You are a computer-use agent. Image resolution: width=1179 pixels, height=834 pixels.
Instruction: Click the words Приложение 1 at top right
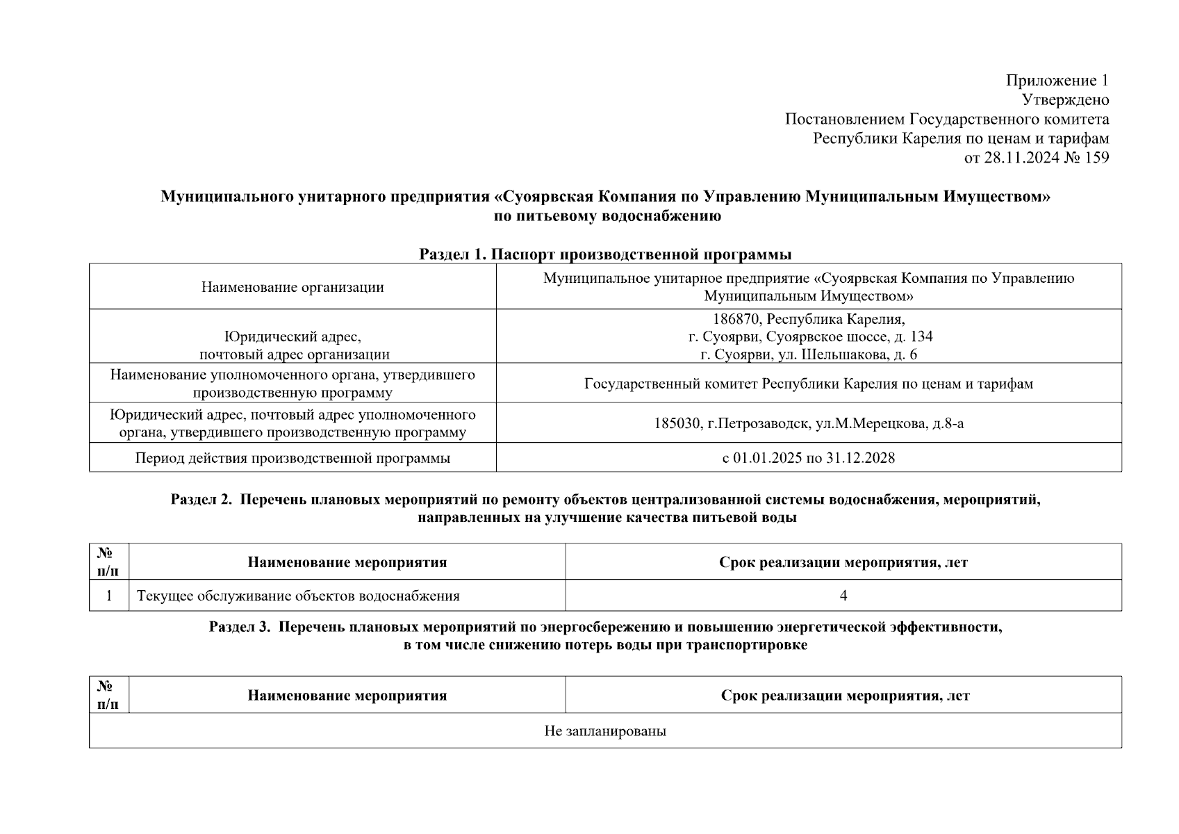[x=1057, y=81]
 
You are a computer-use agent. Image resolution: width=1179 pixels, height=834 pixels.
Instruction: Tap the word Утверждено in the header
[x=1065, y=100]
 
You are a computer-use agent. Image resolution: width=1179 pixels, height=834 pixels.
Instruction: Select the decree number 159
[x=1096, y=158]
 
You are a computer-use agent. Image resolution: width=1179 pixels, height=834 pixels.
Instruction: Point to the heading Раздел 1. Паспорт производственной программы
[x=605, y=254]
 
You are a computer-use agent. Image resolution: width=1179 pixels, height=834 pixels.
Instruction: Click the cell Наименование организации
[x=292, y=287]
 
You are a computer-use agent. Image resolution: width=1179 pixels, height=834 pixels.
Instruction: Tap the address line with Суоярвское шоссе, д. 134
[x=810, y=337]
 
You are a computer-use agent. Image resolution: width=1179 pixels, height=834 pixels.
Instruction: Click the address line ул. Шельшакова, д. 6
[x=809, y=354]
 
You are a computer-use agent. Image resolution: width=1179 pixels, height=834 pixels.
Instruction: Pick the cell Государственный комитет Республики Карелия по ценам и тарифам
[x=809, y=384]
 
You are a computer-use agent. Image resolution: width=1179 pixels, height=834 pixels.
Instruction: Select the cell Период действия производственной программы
[x=292, y=458]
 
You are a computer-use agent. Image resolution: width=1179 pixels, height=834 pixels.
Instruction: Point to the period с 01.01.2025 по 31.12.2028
[x=809, y=458]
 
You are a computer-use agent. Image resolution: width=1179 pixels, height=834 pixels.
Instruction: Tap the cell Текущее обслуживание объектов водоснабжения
[x=299, y=596]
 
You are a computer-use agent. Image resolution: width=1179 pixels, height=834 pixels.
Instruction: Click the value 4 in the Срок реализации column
[x=843, y=596]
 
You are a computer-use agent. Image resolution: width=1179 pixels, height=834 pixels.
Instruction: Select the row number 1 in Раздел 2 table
[x=109, y=596]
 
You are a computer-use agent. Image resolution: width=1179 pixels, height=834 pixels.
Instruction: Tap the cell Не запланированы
[x=605, y=731]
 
